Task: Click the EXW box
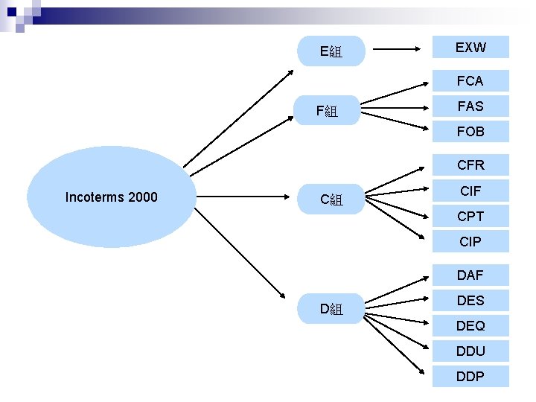470,48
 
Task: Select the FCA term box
470,80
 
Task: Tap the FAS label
470,106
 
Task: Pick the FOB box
470,132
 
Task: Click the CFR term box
470,165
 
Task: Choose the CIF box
470,191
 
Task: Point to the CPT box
470,217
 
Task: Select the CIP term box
470,242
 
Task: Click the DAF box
470,275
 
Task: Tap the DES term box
470,301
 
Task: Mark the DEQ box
470,326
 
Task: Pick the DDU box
470,351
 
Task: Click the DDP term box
470,376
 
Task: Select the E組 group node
331,51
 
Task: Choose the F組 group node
328,112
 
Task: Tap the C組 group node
331,199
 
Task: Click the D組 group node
331,308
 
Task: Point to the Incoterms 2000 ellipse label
112,197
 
